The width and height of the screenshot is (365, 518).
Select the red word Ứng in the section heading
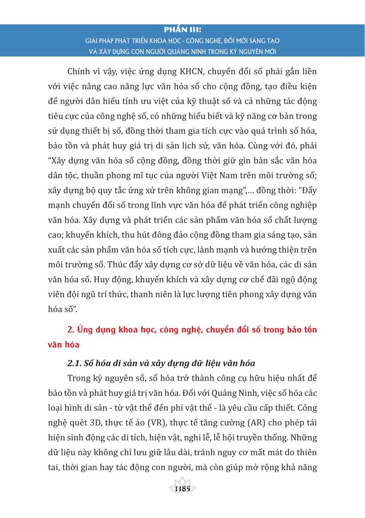click(x=82, y=330)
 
